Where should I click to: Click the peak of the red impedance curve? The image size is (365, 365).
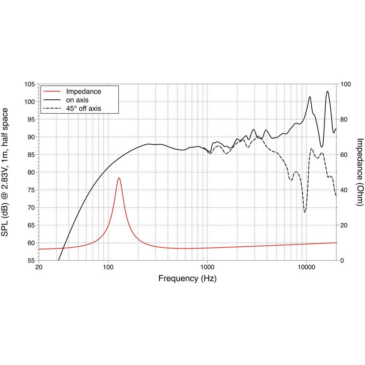tap(119, 178)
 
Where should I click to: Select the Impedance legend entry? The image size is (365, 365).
tap(83, 92)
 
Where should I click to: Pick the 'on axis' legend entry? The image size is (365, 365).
tap(77, 100)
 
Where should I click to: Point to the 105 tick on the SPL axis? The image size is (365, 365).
tap(29, 84)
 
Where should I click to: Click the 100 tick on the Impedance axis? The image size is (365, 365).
tap(345, 84)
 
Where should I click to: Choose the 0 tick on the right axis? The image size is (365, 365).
tap(342, 261)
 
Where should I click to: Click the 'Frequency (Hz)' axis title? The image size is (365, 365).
tap(187, 279)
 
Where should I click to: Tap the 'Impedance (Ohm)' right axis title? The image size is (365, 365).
tap(360, 172)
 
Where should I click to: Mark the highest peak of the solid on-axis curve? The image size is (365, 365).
tap(327, 91)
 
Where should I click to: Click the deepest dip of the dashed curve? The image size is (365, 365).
tap(305, 212)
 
